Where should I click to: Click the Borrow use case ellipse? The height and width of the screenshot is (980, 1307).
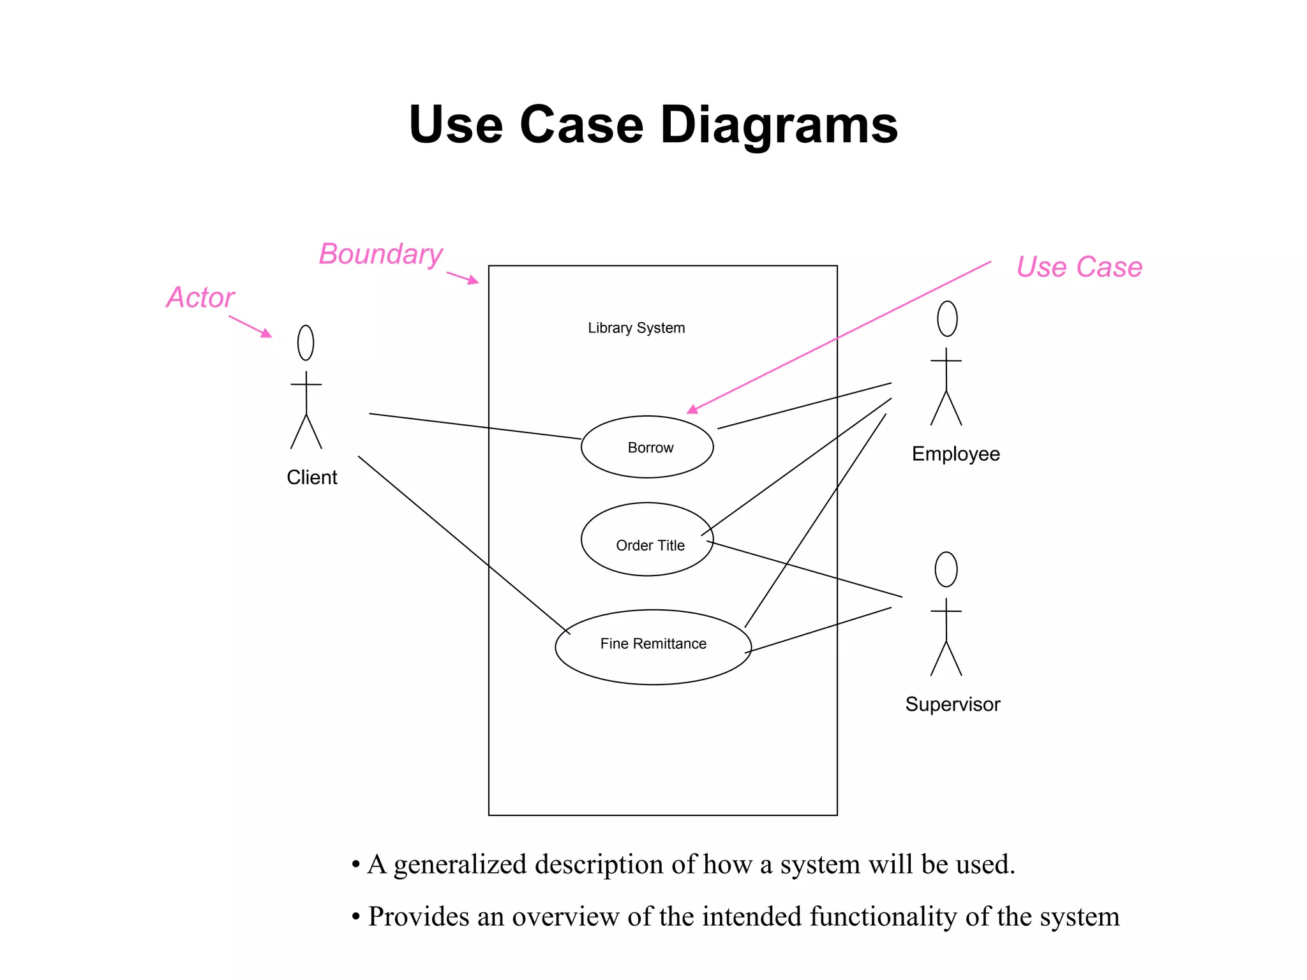click(647, 447)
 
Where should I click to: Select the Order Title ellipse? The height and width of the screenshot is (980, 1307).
click(647, 539)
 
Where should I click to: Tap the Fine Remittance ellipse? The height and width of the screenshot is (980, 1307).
click(653, 646)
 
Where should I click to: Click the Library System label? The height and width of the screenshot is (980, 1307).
click(636, 328)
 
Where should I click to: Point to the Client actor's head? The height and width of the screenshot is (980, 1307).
click(306, 343)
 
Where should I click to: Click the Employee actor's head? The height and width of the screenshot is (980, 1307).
click(947, 318)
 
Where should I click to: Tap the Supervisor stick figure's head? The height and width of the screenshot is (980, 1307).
click(946, 569)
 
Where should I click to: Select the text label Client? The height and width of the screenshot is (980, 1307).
click(311, 477)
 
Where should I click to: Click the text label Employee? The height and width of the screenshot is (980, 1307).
click(955, 454)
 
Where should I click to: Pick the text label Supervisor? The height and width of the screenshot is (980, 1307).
click(952, 704)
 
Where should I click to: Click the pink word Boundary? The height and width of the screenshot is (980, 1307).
click(380, 254)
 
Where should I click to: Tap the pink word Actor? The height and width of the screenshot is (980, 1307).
click(200, 297)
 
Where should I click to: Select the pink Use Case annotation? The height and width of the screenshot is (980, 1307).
click(1079, 267)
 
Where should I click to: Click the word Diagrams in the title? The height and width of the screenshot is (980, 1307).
click(779, 125)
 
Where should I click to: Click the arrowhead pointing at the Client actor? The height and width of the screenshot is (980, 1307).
click(267, 333)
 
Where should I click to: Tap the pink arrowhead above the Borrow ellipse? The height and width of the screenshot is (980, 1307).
click(692, 410)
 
